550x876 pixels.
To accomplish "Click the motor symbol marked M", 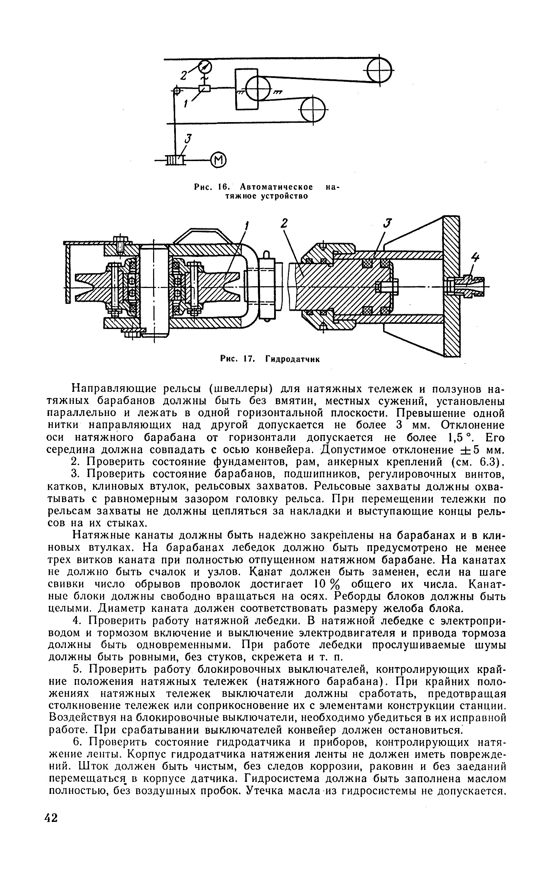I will click(219, 160).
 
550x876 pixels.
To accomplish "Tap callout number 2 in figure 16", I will click(184, 75).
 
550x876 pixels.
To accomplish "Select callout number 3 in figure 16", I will click(188, 139).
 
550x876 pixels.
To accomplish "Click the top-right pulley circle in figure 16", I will click(380, 70).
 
